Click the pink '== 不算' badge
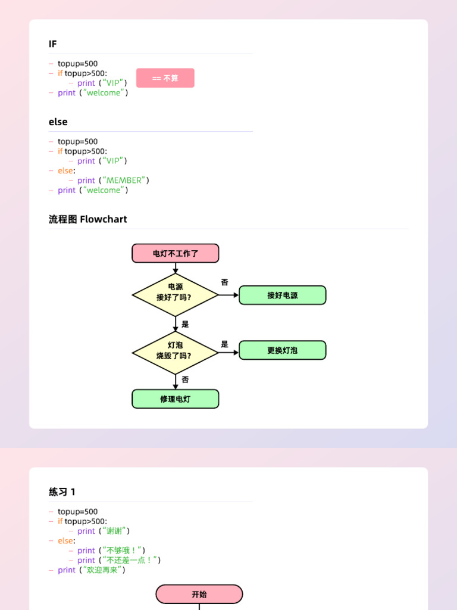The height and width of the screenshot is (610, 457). point(165,78)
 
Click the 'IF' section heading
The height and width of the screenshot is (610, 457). point(53,44)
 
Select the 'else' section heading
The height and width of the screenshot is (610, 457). point(58,122)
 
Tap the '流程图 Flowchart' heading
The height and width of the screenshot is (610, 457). point(88,219)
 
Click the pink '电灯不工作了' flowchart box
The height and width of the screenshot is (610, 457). point(176,253)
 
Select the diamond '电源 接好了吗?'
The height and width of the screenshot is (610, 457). point(176,295)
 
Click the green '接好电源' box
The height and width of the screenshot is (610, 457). point(283,295)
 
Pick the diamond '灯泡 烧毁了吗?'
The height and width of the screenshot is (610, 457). point(176,353)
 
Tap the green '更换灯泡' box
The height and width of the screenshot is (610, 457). point(283,350)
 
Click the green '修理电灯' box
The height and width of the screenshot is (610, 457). point(176,399)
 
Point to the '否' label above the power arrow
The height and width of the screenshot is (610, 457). point(224,282)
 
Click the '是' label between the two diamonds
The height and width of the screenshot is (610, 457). point(186,324)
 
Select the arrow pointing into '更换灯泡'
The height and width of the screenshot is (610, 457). point(228,353)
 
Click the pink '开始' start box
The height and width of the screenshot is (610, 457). point(199,594)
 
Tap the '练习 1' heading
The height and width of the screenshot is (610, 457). point(62,492)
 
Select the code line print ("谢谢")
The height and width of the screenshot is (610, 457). point(103,531)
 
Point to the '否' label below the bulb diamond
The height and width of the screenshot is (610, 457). point(186,379)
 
